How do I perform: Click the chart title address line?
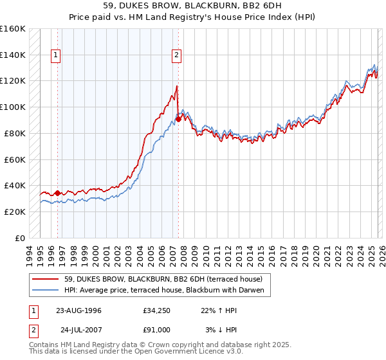pos(193,7)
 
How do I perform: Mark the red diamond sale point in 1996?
pos(57,192)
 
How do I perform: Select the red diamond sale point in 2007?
pos(178,118)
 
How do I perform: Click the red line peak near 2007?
pos(177,85)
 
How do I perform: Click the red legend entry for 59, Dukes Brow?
pos(163,280)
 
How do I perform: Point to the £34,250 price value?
pos(154,310)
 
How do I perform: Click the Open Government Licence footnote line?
pos(136,352)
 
